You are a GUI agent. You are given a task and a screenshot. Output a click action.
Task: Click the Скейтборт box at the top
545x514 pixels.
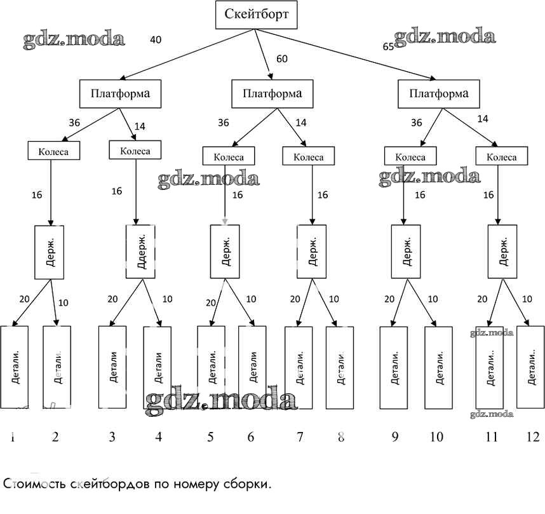pos(256,15)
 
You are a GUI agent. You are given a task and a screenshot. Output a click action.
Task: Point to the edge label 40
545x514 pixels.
pos(156,40)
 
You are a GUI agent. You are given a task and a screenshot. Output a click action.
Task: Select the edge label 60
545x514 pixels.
pos(282,59)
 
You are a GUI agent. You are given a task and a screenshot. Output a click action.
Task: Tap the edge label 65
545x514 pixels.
pos(388,46)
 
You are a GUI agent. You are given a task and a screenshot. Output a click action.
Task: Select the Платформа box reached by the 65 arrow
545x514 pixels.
pos(439,94)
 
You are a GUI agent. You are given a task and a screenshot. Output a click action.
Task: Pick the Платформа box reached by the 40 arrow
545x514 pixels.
pos(119,94)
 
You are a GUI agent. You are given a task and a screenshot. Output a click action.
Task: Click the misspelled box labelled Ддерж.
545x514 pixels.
pos(141,252)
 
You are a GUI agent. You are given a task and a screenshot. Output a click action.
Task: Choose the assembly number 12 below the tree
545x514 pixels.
pos(532,436)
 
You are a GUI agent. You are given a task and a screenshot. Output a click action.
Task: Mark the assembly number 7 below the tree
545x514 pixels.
pos(300,436)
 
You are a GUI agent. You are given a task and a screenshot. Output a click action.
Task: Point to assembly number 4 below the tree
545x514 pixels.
pos(158,436)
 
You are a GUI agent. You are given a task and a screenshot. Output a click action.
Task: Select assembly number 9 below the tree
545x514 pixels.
pos(395,436)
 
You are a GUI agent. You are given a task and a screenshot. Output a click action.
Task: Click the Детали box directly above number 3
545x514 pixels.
pos(112,367)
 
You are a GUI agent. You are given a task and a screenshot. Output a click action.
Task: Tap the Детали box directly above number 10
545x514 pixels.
pos(438,367)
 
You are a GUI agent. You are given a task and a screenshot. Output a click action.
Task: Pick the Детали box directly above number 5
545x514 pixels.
pos(212,367)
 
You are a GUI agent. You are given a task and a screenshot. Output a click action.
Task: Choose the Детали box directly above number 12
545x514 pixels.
pos(530,367)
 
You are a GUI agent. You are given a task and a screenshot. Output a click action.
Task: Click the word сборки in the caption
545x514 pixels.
pos(248,484)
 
